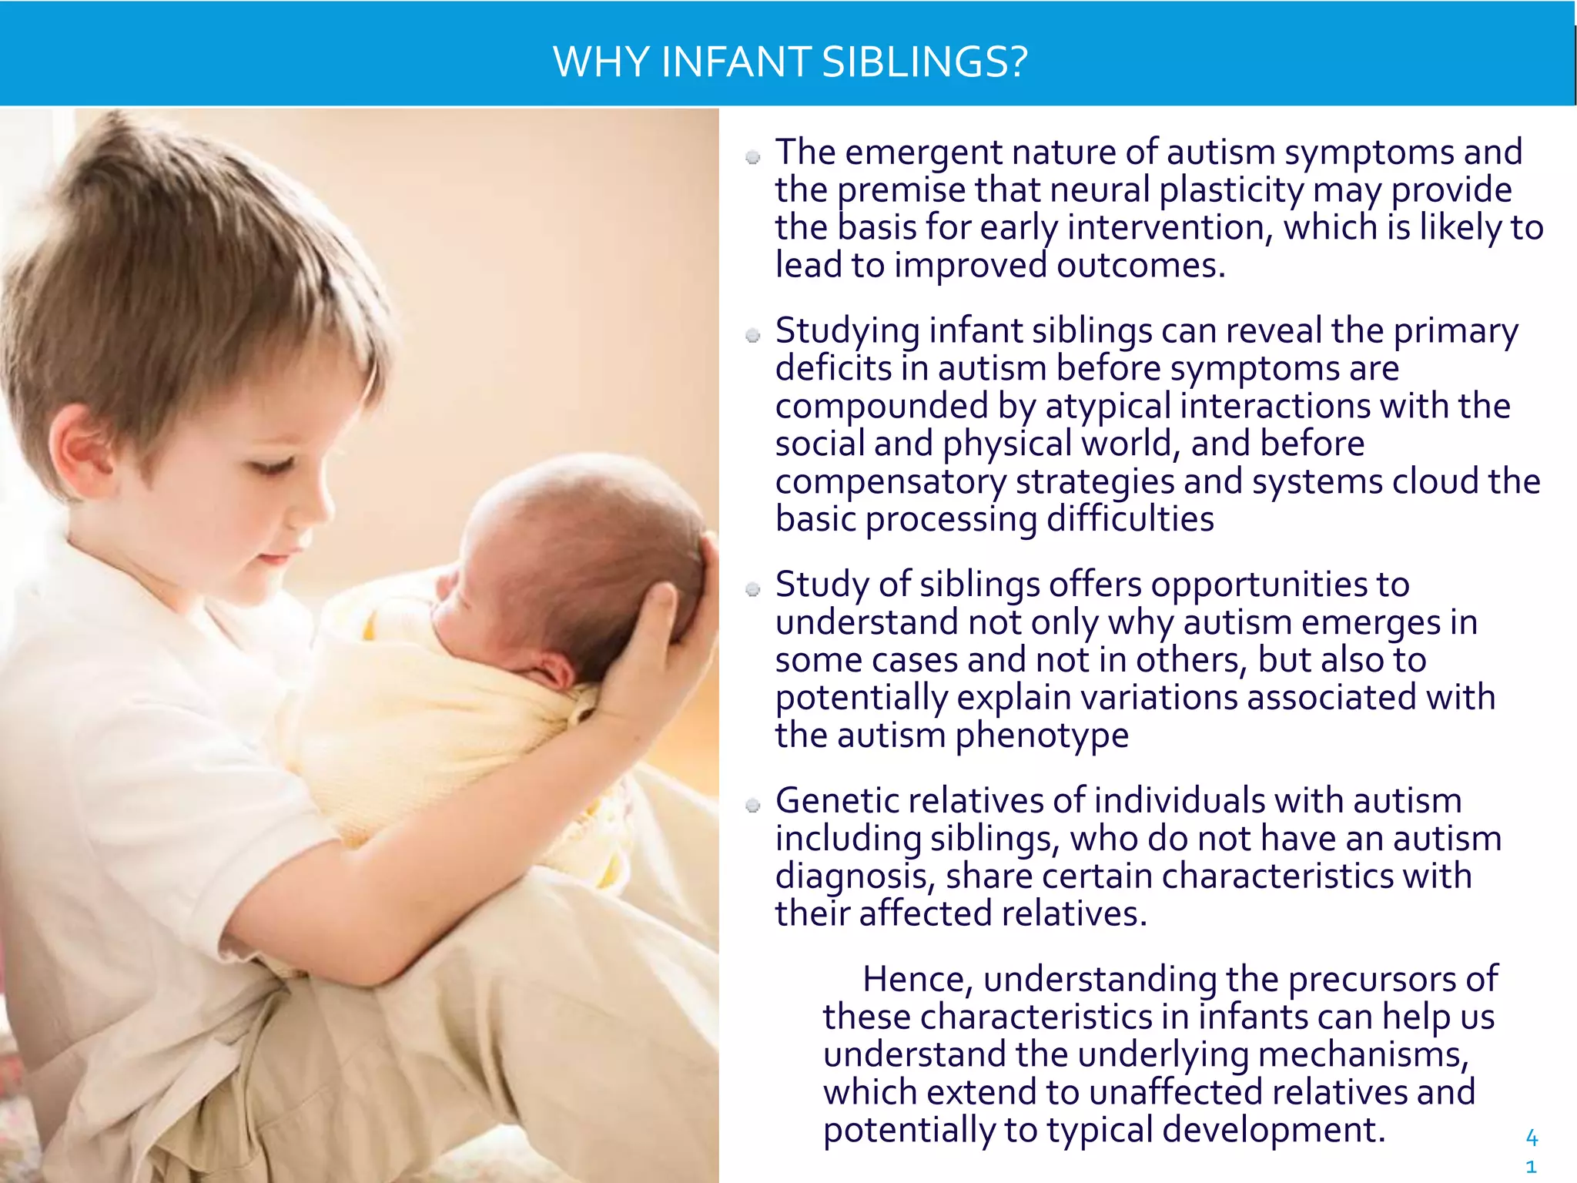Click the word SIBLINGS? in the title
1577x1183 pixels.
[x=925, y=62]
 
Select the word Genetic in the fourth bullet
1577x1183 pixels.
[x=837, y=801]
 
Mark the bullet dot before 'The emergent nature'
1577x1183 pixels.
[x=753, y=158]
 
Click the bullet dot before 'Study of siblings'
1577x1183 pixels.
[x=753, y=590]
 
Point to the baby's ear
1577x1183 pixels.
[x=552, y=672]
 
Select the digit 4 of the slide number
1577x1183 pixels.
[x=1532, y=1138]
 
